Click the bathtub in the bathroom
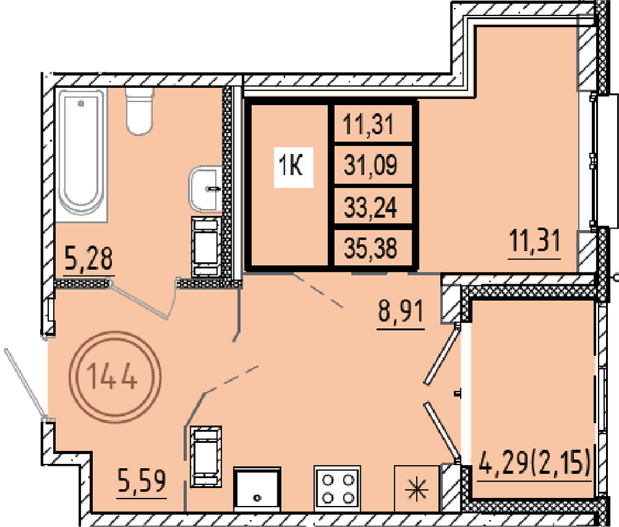coord(81,154)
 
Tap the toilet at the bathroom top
coord(139,111)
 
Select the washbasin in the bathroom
coord(206,189)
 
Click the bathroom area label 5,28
coord(89,258)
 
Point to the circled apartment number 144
coord(115,377)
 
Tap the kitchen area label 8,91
coord(400,311)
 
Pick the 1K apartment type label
coord(291,166)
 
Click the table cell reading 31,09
coord(371,165)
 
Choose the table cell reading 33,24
coord(371,207)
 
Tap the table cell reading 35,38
coord(371,248)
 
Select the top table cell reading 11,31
coord(368,124)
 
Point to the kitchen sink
coord(257,489)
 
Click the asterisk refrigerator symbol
coord(417,489)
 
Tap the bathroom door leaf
coord(140,300)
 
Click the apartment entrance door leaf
coord(25,383)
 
